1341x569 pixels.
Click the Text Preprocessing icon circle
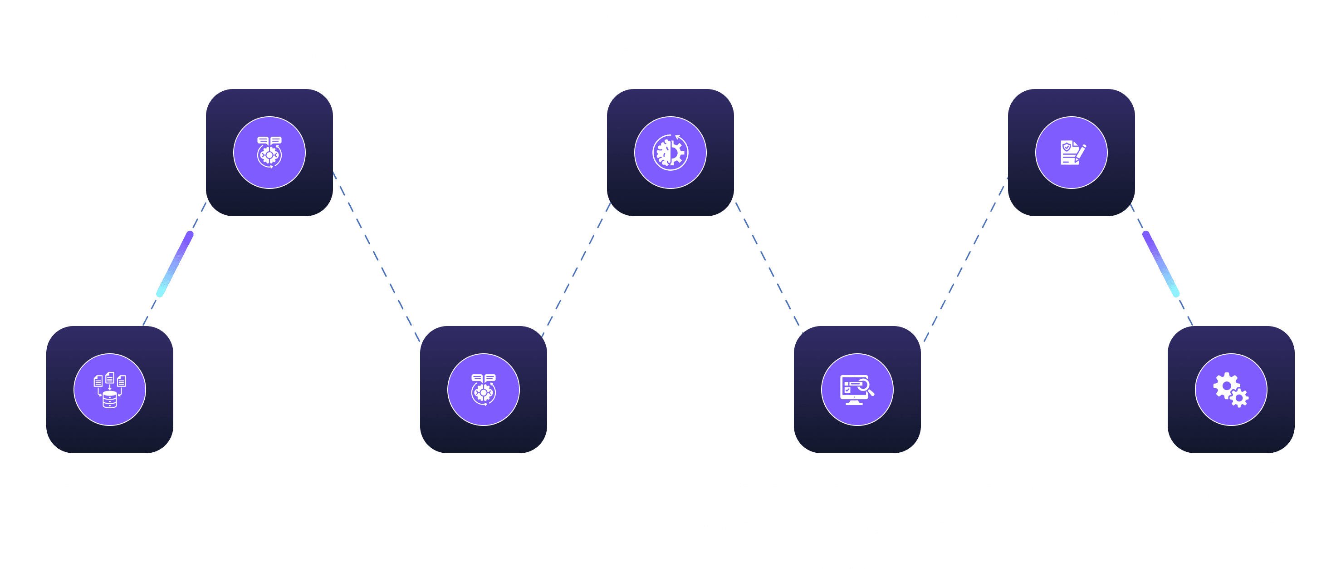(x=269, y=153)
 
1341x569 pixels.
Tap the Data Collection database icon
(x=110, y=390)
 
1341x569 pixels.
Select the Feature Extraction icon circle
(x=483, y=390)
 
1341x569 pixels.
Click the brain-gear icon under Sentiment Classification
(x=670, y=153)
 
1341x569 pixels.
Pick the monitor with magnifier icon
(x=857, y=390)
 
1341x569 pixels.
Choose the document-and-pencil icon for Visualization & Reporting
(x=1072, y=153)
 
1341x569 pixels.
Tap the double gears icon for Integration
(x=1231, y=390)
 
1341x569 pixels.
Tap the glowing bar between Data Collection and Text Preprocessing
(x=175, y=264)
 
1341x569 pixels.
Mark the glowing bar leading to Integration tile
(x=1161, y=264)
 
